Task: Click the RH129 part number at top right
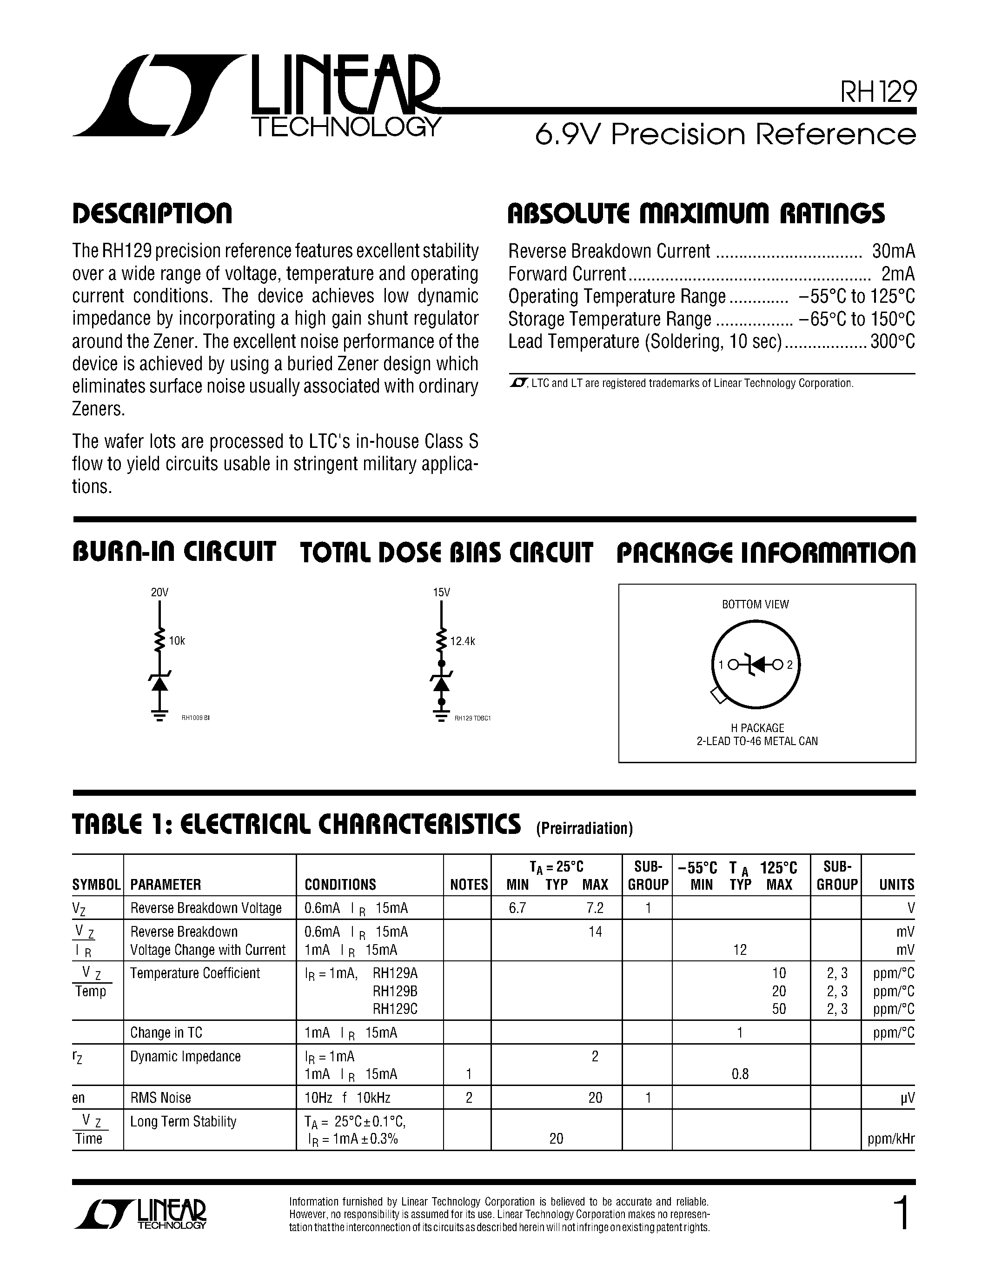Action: pyautogui.click(x=878, y=92)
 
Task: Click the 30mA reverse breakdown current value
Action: pyautogui.click(x=893, y=251)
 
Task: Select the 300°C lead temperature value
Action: pyautogui.click(x=893, y=341)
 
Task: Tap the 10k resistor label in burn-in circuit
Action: pyautogui.click(x=177, y=641)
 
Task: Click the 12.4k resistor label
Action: pyautogui.click(x=463, y=641)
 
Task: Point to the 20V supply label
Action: pyautogui.click(x=159, y=592)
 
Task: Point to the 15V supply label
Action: pyautogui.click(x=441, y=592)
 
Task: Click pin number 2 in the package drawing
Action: pyautogui.click(x=789, y=665)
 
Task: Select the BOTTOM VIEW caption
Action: pyautogui.click(x=755, y=604)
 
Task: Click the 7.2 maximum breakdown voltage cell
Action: pyautogui.click(x=595, y=908)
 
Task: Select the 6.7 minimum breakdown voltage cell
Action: pyautogui.click(x=517, y=908)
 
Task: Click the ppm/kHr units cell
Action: pyautogui.click(x=891, y=1139)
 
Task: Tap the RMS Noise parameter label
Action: pyautogui.click(x=160, y=1098)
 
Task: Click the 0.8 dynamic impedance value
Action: pyautogui.click(x=740, y=1074)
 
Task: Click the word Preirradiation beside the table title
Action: pyautogui.click(x=584, y=828)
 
